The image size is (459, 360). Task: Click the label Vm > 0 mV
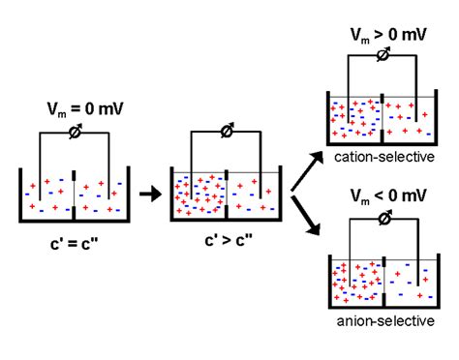[384, 35]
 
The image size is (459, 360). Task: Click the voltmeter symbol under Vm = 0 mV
[76, 133]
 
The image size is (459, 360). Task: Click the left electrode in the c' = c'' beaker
[40, 184]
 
